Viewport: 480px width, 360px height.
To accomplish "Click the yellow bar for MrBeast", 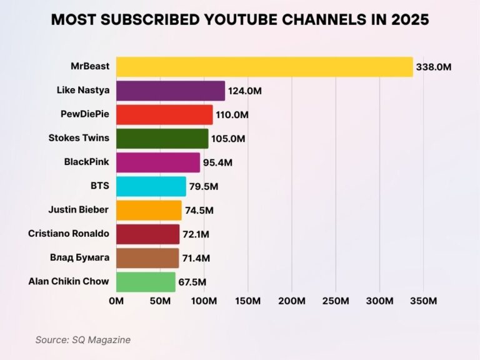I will pyautogui.click(x=264, y=67).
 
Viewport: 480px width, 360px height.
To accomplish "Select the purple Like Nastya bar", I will pyautogui.click(x=171, y=91).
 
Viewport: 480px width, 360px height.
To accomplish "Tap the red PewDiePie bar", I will pyautogui.click(x=164, y=114).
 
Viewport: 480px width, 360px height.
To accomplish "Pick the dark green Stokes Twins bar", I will pyautogui.click(x=162, y=138).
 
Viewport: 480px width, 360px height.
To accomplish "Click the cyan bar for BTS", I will pyautogui.click(x=151, y=186).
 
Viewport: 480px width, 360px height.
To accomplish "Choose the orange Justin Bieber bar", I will pyautogui.click(x=149, y=210).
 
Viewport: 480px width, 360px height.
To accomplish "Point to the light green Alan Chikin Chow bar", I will pyautogui.click(x=146, y=282).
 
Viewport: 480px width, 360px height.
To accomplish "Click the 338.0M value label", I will pyautogui.click(x=434, y=67).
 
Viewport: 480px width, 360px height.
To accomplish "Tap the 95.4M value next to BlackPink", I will pyautogui.click(x=218, y=162).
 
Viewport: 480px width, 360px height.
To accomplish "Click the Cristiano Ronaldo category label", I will pyautogui.click(x=69, y=233).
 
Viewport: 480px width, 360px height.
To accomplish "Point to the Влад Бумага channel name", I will pyautogui.click(x=79, y=257).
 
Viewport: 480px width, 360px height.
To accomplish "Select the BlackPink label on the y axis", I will pyautogui.click(x=86, y=161).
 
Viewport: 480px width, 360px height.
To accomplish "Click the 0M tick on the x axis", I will pyautogui.click(x=116, y=301).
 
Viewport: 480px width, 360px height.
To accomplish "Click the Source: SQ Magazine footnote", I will pyautogui.click(x=82, y=339).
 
